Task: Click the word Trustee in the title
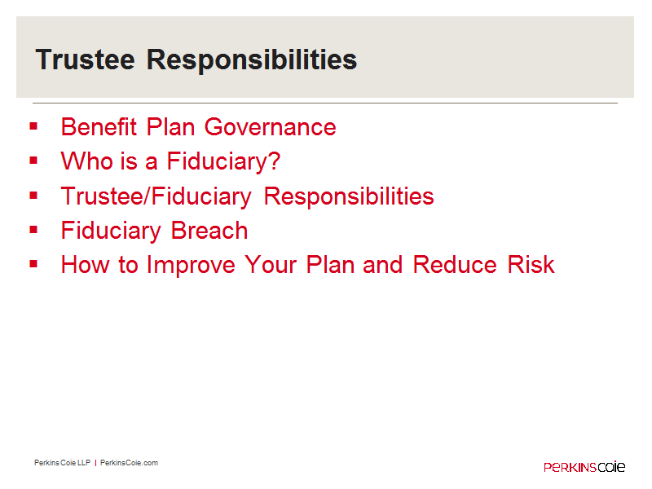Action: click(86, 59)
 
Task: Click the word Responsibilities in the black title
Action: click(252, 60)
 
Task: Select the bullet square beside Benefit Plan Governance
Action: click(33, 126)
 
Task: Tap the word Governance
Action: click(271, 127)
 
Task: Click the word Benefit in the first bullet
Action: click(99, 126)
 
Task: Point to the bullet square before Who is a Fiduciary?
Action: click(33, 161)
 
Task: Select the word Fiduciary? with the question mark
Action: click(223, 161)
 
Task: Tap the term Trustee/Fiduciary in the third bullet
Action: click(156, 196)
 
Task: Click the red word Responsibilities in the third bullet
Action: click(349, 196)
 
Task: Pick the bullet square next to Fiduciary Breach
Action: click(33, 230)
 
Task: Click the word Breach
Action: click(209, 231)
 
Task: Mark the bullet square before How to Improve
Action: click(33, 263)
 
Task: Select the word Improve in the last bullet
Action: click(191, 266)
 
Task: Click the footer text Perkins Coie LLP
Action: click(63, 463)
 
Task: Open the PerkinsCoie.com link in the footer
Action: click(129, 463)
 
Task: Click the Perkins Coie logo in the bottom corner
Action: click(584, 466)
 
